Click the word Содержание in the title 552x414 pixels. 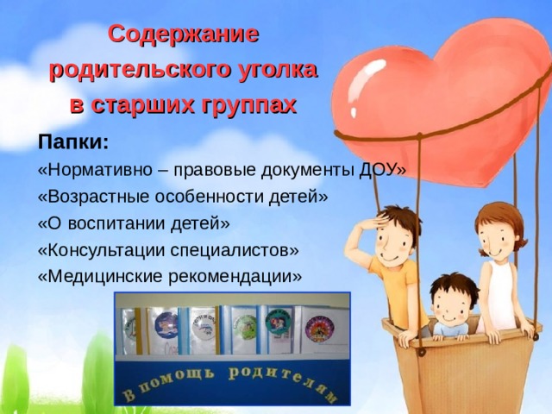183,35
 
